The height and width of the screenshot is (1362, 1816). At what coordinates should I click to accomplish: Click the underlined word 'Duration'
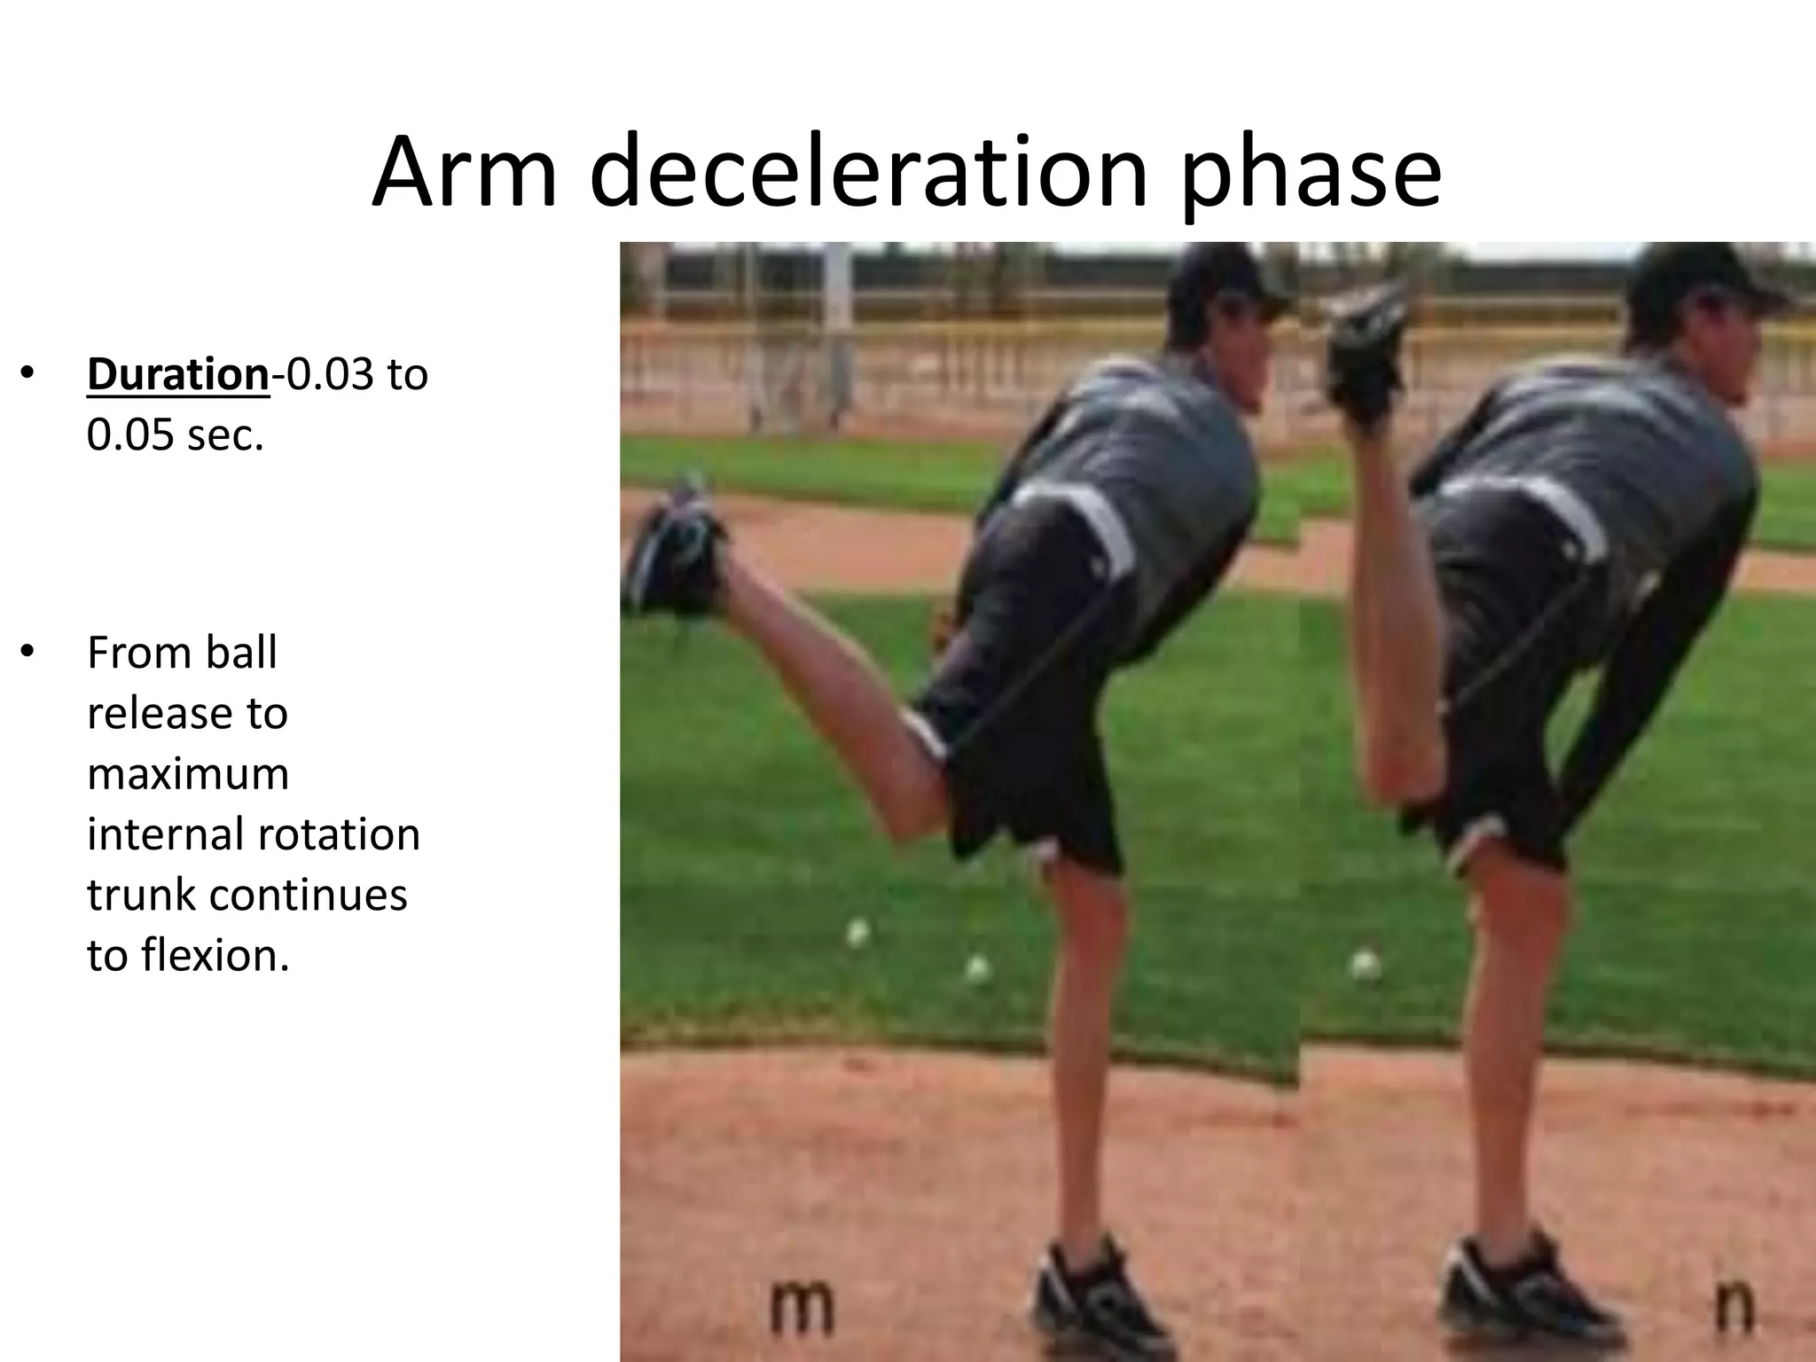[x=177, y=374]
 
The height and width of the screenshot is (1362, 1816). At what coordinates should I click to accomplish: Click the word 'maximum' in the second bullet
[x=188, y=773]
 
